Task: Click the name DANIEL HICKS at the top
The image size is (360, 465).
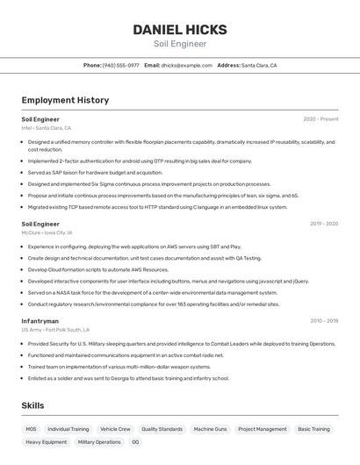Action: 179,30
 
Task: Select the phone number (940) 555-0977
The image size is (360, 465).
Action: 120,65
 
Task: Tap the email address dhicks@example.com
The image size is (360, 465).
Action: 186,65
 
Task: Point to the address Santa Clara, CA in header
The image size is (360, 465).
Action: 259,65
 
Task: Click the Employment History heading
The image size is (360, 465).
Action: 65,100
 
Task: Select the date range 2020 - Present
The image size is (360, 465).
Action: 320,118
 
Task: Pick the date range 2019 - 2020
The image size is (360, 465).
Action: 323,224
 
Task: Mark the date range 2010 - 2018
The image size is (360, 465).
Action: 323,321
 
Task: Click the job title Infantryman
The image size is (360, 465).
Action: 40,321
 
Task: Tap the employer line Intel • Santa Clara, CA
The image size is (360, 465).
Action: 46,128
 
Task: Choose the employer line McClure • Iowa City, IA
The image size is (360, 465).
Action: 47,233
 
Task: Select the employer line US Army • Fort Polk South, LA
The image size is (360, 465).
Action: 55,330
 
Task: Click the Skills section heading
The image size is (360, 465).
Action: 33,405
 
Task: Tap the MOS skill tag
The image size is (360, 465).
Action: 31,429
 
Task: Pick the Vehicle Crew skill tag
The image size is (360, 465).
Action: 115,429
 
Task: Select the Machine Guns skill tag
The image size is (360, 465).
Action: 210,429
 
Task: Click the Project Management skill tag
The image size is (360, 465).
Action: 262,429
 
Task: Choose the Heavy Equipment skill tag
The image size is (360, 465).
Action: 46,442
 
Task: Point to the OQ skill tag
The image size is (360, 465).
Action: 135,442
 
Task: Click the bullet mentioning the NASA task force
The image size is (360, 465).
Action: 152,292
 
